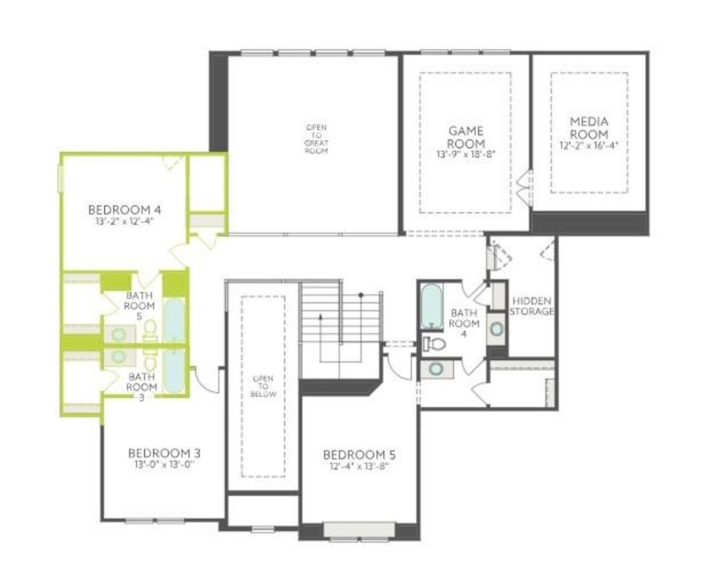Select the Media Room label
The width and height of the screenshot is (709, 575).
click(589, 128)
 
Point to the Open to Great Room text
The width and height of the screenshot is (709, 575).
click(316, 139)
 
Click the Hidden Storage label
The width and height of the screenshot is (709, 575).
click(532, 306)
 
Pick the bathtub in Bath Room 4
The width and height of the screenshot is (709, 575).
click(432, 307)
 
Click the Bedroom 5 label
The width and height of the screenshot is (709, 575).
click(359, 455)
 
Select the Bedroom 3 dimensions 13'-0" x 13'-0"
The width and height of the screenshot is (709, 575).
click(164, 465)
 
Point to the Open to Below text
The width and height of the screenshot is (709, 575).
click(263, 386)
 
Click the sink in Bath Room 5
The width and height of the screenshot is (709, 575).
click(119, 334)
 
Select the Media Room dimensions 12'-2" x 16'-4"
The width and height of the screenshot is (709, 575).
click(589, 146)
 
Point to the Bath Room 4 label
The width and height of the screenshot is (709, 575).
click(464, 319)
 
